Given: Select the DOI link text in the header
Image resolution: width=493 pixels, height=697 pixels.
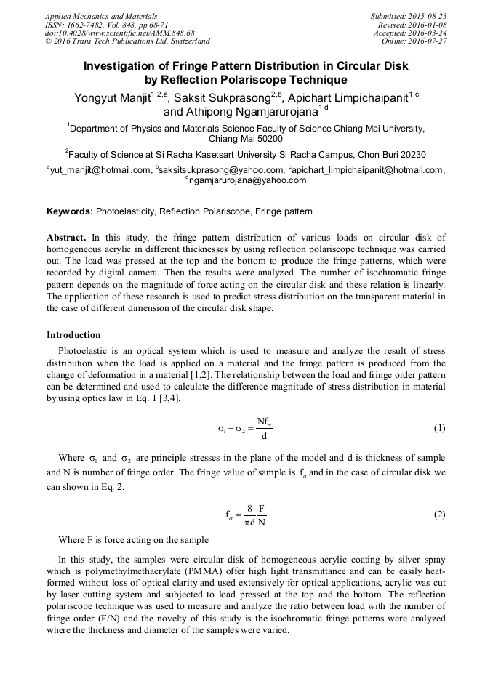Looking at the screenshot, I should click(119, 33).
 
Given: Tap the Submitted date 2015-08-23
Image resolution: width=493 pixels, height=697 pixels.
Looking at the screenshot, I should click(409, 15).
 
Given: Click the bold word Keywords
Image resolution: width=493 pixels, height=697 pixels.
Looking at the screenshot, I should click(69, 211).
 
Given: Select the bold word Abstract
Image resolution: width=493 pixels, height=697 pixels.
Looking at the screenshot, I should click(67, 238).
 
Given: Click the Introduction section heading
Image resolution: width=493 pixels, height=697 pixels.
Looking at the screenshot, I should click(73, 335).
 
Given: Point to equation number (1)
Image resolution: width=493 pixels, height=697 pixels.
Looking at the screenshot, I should click(438, 428).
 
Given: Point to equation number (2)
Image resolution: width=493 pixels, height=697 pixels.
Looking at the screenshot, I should click(438, 515).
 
